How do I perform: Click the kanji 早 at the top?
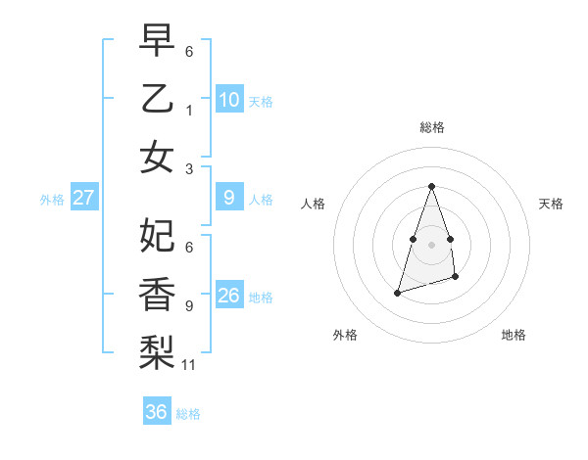pos(157,40)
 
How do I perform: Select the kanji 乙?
pos(157,99)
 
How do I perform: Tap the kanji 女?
pos(157,157)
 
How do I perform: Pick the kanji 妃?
pos(157,235)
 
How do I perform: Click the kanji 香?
pos(157,294)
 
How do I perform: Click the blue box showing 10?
pos(228,100)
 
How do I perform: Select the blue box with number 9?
pos(228,199)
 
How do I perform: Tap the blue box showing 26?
pos(228,296)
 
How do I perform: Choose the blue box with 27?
pos(83,199)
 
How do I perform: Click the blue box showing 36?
pos(157,412)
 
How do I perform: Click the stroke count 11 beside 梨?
pos(189,365)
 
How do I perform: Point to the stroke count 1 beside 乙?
pos(189,111)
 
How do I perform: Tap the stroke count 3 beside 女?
pos(189,168)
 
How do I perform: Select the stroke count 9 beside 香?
pos(189,305)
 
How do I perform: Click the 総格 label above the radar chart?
pos(431,127)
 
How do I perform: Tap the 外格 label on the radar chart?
pos(345,335)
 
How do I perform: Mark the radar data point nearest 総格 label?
pos(431,187)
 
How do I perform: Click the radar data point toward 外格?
pos(397,293)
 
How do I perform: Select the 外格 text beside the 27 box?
pos(52,200)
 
